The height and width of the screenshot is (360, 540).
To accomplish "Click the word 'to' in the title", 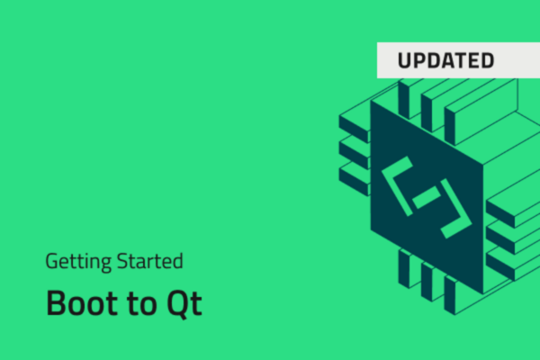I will (x=140, y=303).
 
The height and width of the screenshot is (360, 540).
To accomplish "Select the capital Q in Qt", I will (x=177, y=303).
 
